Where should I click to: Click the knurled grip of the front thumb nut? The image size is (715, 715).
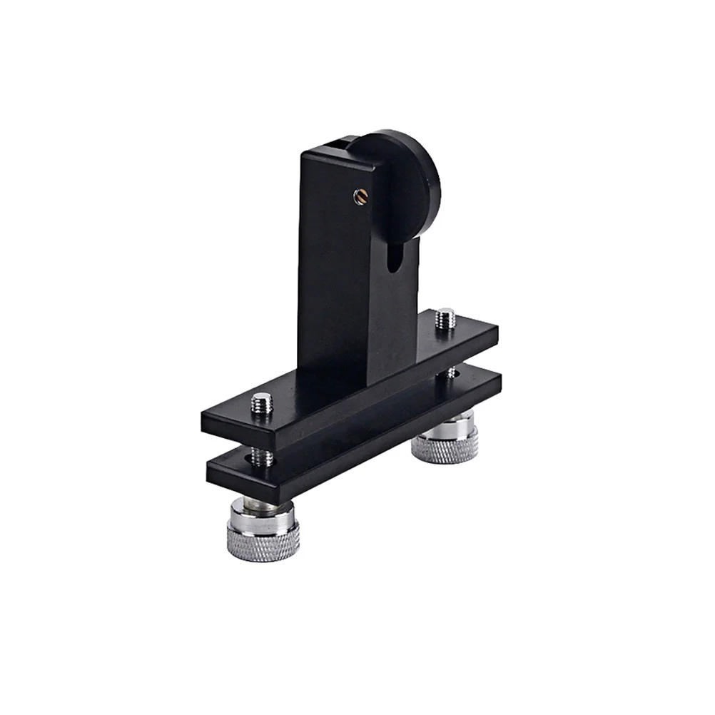pos(263,537)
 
